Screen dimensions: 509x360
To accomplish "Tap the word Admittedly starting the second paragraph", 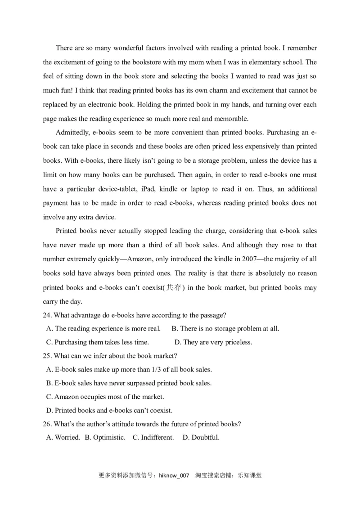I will pyautogui.click(x=73, y=132).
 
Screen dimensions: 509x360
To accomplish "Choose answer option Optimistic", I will pyautogui.click(x=109, y=438).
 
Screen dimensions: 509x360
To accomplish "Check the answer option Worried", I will pyautogui.click(x=67, y=438).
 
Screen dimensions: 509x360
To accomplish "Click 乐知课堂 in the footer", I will pyautogui.click(x=250, y=475).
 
